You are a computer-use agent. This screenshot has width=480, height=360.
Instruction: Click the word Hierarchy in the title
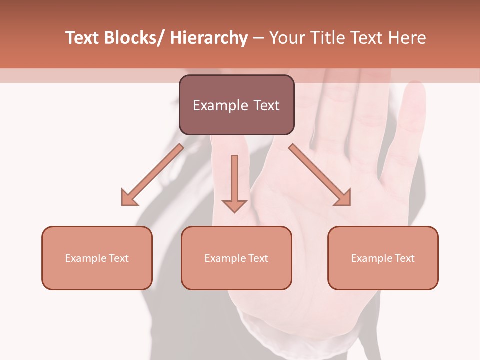coord(209,38)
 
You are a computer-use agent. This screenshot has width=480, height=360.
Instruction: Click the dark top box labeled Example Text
coord(236,105)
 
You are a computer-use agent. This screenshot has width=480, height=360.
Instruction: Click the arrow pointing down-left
coord(152,175)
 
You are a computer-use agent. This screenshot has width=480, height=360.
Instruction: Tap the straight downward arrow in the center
coord(234,182)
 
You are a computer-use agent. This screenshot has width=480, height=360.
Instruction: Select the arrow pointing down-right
coord(320,175)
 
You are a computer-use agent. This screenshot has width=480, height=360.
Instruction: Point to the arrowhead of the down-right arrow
coord(344,199)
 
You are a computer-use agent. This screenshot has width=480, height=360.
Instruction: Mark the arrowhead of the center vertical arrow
coord(234,205)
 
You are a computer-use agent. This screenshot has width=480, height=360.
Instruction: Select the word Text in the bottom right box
coord(404,258)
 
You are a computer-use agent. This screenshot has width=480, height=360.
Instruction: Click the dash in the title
coord(258,38)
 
